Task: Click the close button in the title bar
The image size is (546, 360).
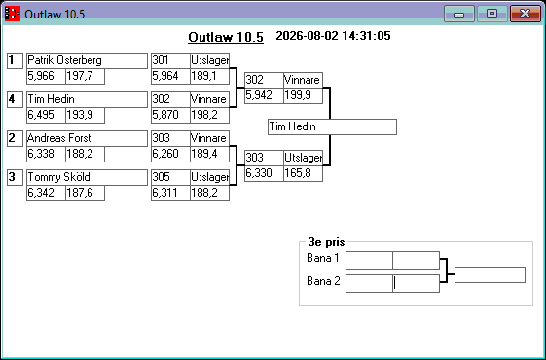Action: click(526, 14)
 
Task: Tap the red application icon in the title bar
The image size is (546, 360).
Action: click(13, 14)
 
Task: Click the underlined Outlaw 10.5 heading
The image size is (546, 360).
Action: click(226, 37)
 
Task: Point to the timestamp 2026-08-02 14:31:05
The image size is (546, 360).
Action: click(333, 36)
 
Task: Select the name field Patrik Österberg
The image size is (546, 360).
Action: click(87, 60)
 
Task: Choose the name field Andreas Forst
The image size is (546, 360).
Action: click(87, 138)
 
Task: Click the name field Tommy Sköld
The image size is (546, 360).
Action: click(87, 177)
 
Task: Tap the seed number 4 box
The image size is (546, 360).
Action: click(15, 99)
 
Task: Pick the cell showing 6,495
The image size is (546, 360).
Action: click(46, 115)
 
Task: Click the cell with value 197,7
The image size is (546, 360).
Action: click(85, 76)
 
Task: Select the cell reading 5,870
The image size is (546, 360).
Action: click(170, 115)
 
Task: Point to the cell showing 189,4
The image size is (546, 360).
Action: click(209, 154)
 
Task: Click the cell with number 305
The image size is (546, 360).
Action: click(170, 177)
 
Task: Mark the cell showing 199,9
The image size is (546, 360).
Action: click(303, 95)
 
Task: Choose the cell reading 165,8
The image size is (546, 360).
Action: click(303, 173)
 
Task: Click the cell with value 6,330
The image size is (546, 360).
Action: click(264, 173)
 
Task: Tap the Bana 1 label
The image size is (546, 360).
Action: click(323, 258)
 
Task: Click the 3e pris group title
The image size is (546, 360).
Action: click(326, 242)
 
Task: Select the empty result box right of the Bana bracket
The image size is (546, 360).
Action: click(490, 275)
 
